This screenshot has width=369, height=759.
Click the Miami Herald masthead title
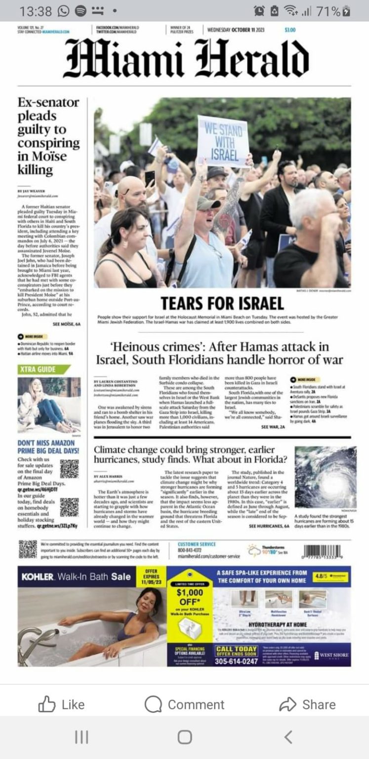[x=186, y=58]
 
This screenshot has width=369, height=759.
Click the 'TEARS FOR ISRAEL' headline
[x=222, y=303]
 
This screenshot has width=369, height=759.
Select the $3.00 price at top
[x=290, y=30]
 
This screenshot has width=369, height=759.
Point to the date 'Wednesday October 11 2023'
[x=236, y=30]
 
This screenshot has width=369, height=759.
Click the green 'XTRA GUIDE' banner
[x=43, y=369]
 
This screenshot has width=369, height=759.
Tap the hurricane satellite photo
[x=325, y=477]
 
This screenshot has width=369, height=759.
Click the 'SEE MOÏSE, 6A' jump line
[x=66, y=324]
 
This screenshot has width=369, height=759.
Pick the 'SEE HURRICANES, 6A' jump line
[x=269, y=527]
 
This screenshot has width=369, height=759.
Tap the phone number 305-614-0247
[x=236, y=661]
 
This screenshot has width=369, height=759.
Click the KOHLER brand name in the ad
[x=38, y=577]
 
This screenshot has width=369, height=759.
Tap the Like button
[x=61, y=704]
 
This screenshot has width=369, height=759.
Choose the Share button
[x=307, y=704]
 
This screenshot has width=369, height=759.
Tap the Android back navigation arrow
[x=288, y=737]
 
